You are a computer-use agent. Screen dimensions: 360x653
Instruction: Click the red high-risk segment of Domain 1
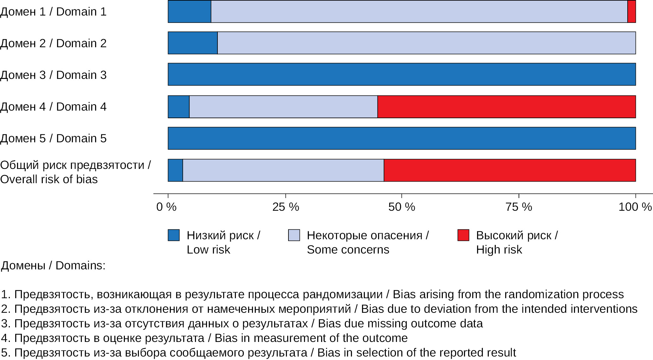pos(631,11)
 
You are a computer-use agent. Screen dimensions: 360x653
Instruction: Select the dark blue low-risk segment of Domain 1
pos(189,11)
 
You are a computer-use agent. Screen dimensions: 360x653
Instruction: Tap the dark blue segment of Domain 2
pos(192,43)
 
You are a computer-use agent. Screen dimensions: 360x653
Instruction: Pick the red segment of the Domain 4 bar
pos(506,107)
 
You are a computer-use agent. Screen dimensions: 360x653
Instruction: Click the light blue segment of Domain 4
pos(283,107)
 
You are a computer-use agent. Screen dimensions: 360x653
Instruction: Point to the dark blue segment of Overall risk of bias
pos(175,170)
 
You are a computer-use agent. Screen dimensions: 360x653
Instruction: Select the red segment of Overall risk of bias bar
pos(509,170)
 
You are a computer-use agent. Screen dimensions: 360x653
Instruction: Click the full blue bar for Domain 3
pos(402,74)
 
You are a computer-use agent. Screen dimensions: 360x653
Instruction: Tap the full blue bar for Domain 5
pos(402,138)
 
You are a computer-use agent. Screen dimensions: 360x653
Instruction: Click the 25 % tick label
pos(286,207)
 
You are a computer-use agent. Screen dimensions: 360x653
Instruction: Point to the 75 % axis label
pos(519,207)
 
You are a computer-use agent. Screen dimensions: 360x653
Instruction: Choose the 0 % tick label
pos(166,207)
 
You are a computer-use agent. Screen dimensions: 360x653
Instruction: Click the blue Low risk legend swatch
pos(174,235)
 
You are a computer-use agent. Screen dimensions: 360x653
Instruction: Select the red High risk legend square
pos(463,235)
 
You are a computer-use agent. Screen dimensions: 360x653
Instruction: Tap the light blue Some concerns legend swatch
pos(294,235)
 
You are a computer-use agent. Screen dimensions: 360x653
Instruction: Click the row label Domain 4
pos(53,107)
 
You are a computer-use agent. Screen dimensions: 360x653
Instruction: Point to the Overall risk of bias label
pos(75,172)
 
